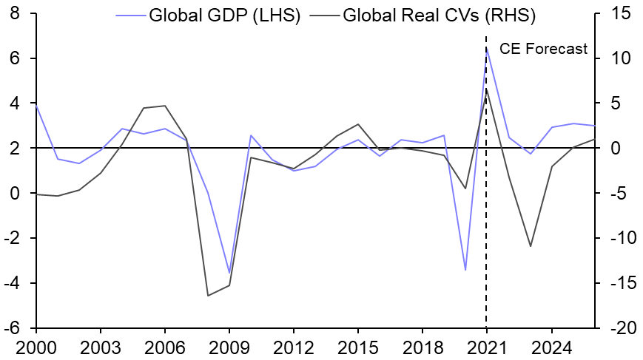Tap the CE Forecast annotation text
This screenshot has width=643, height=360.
pos(543,50)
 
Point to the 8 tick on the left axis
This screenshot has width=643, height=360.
pos(15,13)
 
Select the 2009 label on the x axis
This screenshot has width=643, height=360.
pos(229,346)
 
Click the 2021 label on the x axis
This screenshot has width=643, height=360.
pos(486,346)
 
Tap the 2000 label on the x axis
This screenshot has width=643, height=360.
pos(36,346)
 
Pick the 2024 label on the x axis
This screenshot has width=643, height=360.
pos(551,346)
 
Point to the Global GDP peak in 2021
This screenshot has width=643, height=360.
pos(486,47)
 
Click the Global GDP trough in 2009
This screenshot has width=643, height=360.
pos(229,274)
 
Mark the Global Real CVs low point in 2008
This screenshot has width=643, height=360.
pos(207,296)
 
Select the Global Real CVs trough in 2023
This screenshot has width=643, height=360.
pos(529,246)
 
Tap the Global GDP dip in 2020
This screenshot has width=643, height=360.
pos(465,270)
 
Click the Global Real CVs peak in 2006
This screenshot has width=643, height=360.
pos(164,106)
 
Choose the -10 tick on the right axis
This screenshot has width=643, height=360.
pos(623,238)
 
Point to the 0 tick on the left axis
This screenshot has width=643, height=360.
pos(15,193)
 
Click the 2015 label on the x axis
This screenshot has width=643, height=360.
pos(357,346)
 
